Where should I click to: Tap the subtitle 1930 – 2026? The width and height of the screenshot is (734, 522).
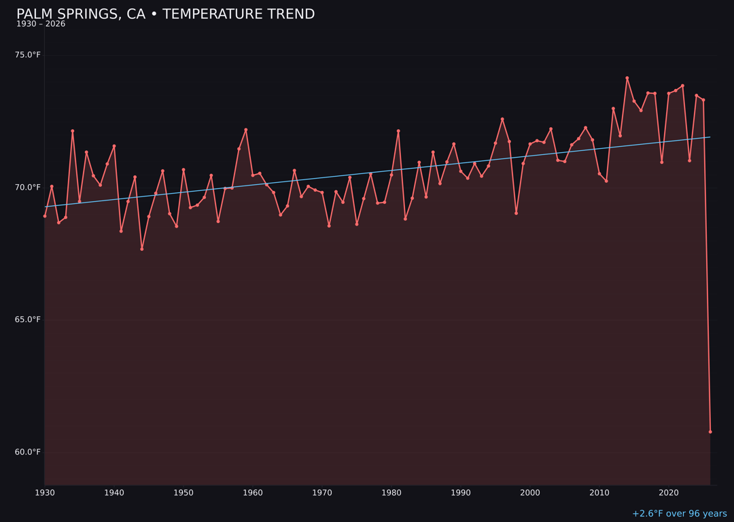(41, 24)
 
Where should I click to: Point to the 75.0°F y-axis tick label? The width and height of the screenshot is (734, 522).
(28, 55)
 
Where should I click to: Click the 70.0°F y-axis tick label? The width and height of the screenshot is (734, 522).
(28, 188)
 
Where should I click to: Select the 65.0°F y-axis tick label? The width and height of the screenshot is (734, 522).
(28, 319)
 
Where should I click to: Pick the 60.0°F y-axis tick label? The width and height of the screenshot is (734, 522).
(28, 452)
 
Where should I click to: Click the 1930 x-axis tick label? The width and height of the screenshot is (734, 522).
(45, 493)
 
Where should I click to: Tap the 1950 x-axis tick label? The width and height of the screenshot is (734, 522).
(183, 493)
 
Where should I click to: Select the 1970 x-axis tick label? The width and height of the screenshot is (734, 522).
(322, 493)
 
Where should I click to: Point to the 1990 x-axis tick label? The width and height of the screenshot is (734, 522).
(461, 493)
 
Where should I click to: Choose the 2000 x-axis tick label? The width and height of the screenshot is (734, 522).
(530, 493)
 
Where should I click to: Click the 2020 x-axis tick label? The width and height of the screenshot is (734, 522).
(669, 493)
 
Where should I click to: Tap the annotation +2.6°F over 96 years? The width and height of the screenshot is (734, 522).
(679, 514)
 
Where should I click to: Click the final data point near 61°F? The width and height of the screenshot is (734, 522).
(710, 432)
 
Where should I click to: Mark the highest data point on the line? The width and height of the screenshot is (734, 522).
(627, 78)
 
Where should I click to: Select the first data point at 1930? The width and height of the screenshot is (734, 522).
(45, 216)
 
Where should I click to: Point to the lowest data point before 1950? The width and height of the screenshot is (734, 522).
(142, 249)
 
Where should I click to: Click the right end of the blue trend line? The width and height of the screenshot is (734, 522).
(710, 137)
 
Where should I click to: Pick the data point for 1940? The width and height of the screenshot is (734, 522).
(114, 146)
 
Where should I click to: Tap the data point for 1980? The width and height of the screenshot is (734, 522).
(391, 175)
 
